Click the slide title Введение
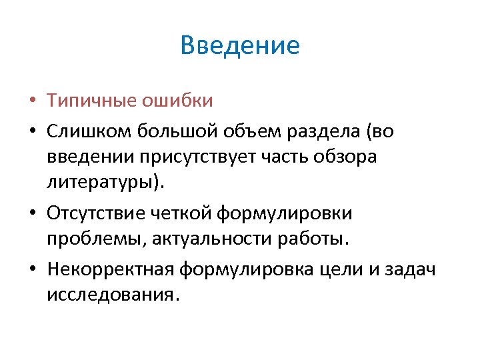pyautogui.click(x=240, y=46)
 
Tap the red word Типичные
pyautogui.click(x=92, y=101)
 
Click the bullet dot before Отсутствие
pyautogui.click(x=33, y=213)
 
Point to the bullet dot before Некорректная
pyautogui.click(x=33, y=269)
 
